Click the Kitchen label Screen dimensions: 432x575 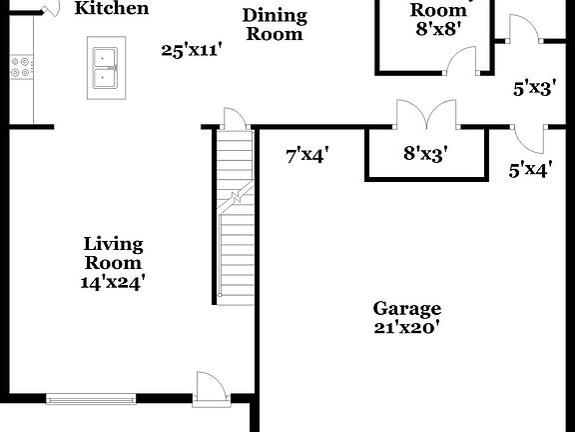pos(113,9)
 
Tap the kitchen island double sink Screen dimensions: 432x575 pos(105,66)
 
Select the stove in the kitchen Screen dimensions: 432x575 pos(19,68)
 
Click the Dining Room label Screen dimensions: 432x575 pos(275,25)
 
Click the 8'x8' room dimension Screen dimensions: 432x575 pos(437,29)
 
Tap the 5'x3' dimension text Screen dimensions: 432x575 pos(534,88)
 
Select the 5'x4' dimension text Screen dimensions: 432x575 pos(530,169)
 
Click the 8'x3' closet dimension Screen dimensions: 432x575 pos(424,153)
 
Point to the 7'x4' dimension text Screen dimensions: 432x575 pos(306,154)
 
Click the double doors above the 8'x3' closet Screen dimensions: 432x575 pos(426,114)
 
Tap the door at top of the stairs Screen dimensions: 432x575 pos(234,118)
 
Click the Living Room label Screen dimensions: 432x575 pos(113,253)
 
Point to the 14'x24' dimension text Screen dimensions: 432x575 pos(113,282)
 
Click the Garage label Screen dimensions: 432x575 pos(407,308)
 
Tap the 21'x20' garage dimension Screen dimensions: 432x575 pos(407,326)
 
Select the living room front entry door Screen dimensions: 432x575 pos(211,387)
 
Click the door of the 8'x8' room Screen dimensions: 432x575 pos(461,61)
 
